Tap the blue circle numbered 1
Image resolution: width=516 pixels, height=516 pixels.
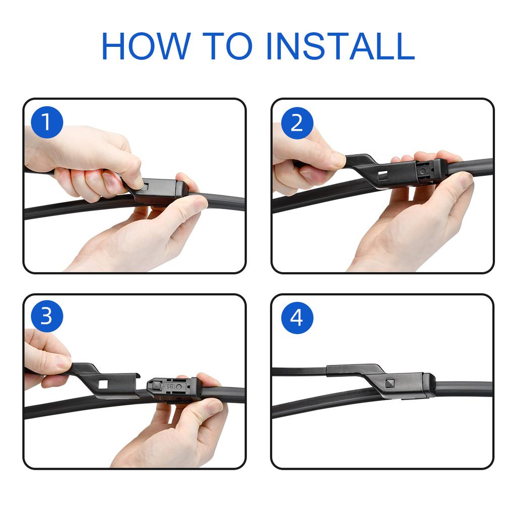46,122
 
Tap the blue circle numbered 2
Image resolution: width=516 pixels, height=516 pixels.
297,122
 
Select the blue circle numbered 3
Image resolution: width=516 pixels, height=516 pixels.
46,317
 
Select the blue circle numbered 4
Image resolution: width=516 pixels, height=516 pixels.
297,317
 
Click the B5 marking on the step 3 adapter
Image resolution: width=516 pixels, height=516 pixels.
170,386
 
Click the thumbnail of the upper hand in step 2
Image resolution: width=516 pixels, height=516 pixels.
337,160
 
